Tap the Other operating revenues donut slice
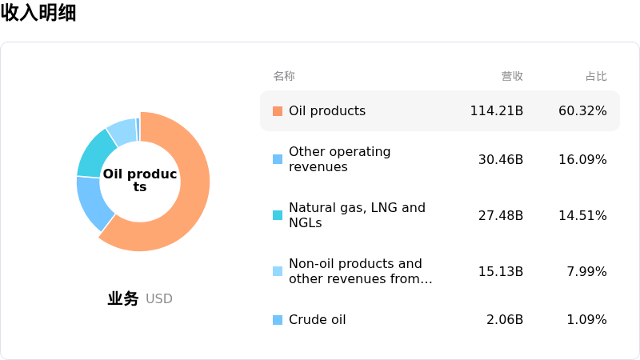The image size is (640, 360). coord(93,202)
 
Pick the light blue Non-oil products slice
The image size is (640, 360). coord(122,131)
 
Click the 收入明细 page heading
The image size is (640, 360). coord(38,13)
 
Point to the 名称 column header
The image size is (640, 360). coord(284,76)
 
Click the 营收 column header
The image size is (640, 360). coord(512,76)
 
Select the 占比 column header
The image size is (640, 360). coord(596,76)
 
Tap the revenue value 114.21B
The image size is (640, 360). coord(496,111)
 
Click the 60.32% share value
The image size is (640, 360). coord(582,111)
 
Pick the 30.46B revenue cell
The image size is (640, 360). coord(501,159)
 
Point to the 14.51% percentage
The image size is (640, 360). coord(582,215)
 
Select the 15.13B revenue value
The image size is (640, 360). coord(501,271)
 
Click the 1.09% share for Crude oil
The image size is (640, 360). coord(586,319)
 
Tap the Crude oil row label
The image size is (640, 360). coord(317,319)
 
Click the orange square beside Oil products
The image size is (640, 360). coord(278,111)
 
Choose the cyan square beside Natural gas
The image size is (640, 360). coord(278,215)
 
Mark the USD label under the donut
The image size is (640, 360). coord(158,298)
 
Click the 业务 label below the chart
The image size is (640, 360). coord(123,298)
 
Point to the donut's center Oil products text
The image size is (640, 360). coord(139,180)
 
